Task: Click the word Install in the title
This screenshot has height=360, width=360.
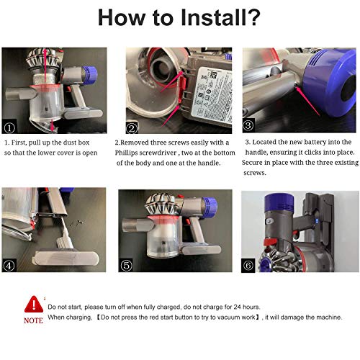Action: click(x=212, y=17)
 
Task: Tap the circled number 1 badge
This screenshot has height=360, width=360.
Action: click(x=9, y=127)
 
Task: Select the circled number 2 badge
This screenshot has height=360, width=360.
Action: click(x=132, y=128)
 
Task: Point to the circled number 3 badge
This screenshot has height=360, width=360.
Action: click(x=248, y=125)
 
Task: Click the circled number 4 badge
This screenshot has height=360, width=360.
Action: click(x=9, y=266)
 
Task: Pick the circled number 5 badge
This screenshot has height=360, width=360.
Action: click(x=127, y=266)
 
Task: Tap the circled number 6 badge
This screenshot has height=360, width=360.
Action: click(x=248, y=265)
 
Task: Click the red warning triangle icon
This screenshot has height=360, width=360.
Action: click(x=34, y=305)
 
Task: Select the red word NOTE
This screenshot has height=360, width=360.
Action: click(x=33, y=320)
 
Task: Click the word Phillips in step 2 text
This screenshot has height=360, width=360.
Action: click(x=126, y=153)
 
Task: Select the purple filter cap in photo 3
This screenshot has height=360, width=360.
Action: click(x=330, y=81)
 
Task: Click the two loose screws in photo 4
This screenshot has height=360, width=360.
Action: click(x=76, y=223)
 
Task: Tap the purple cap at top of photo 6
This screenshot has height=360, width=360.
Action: click(x=279, y=202)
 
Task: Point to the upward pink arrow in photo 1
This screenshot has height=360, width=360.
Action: click(x=45, y=66)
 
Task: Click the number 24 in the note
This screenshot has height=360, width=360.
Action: click(x=237, y=307)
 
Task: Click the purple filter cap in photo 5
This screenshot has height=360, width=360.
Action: click(x=210, y=207)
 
